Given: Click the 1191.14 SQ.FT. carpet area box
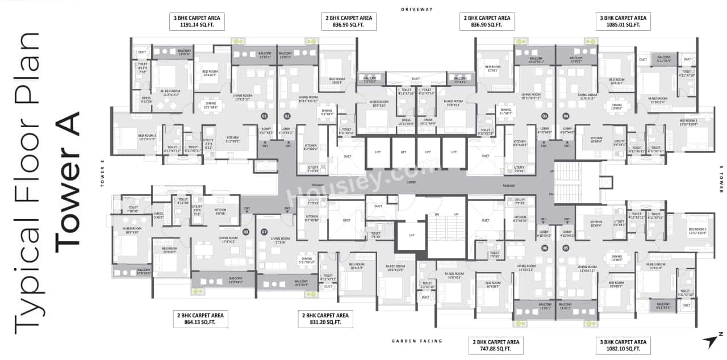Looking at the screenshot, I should (x=198, y=22).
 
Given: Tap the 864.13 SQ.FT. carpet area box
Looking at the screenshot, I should (x=200, y=319).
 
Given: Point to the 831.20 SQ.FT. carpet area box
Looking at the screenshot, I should (x=325, y=319).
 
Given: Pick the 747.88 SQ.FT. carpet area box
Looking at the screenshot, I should (x=494, y=345).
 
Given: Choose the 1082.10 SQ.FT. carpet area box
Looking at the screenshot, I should (x=623, y=345).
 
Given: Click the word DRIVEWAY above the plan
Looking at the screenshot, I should (x=416, y=10).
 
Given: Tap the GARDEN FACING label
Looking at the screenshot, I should (x=417, y=341).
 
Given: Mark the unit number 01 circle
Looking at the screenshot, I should (x=264, y=116).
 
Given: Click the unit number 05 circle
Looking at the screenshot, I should (x=566, y=248).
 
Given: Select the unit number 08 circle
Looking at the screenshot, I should (x=246, y=232).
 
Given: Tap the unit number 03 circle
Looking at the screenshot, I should (x=544, y=116).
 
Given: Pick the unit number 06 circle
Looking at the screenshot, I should (x=544, y=248).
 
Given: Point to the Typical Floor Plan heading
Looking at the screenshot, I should (x=27, y=181).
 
